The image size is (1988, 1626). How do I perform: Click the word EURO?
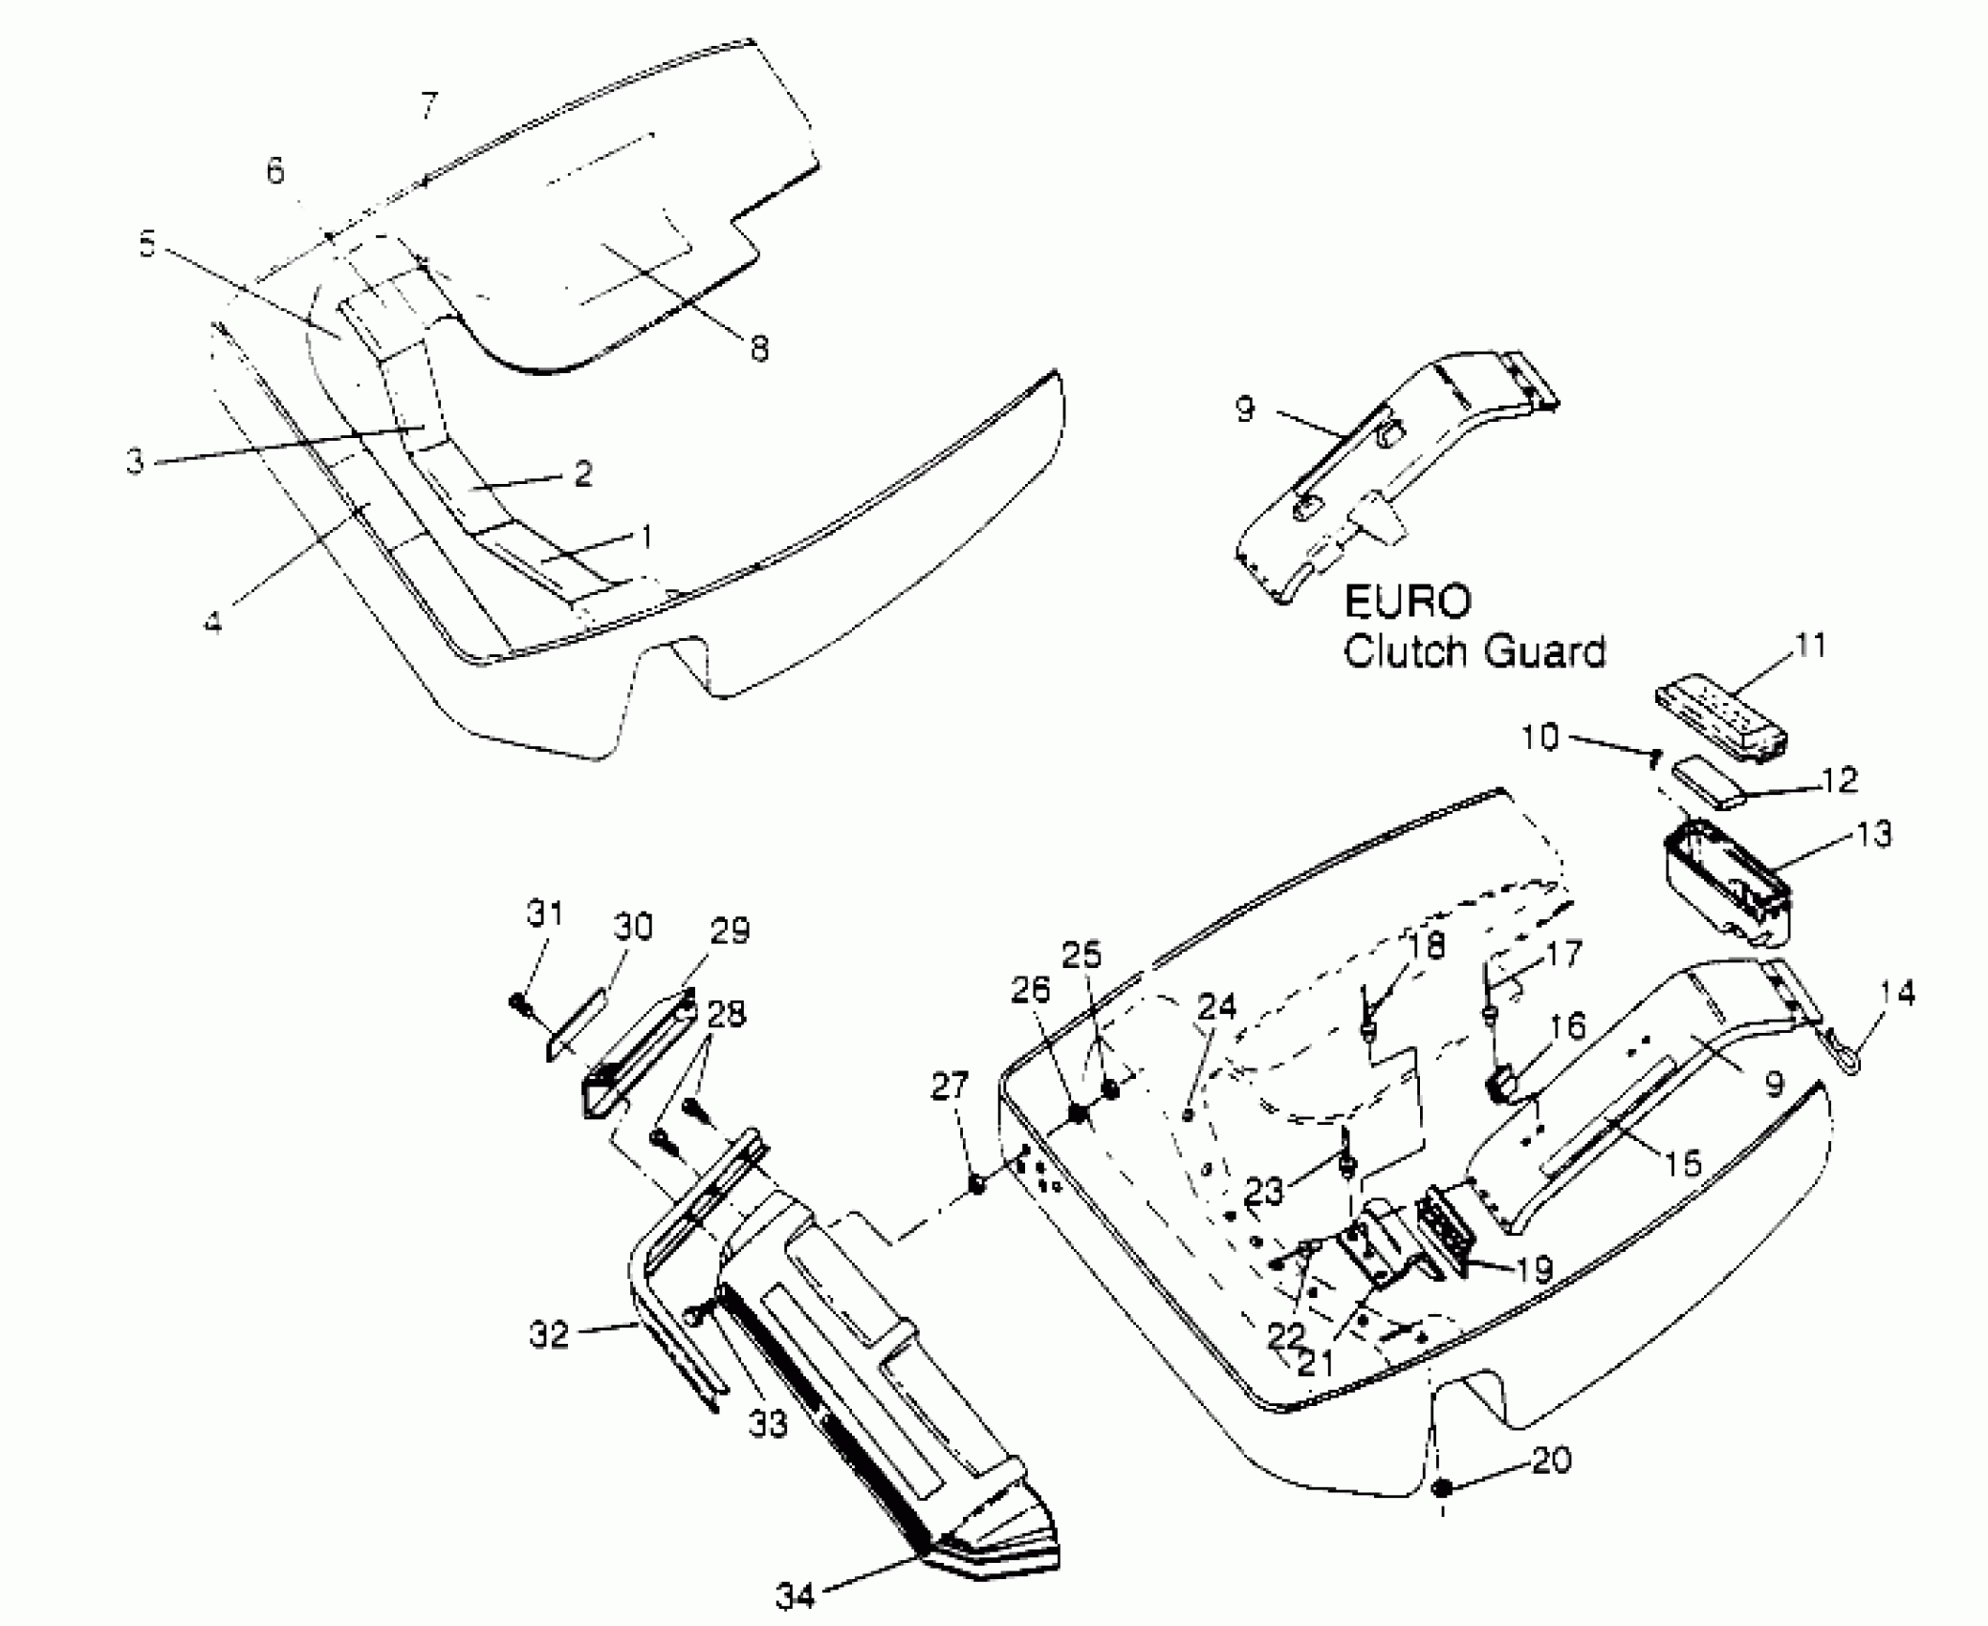pyautogui.click(x=1408, y=603)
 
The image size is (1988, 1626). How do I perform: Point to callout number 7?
pyautogui.click(x=429, y=104)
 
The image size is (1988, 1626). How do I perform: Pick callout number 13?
pyautogui.click(x=1875, y=835)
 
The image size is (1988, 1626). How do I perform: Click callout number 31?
pyautogui.click(x=545, y=914)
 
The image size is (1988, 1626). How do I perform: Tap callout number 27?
pyautogui.click(x=950, y=1087)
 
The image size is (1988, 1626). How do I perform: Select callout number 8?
pyautogui.click(x=758, y=349)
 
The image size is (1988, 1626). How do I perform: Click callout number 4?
pyautogui.click(x=212, y=623)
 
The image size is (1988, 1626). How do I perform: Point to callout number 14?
pyautogui.click(x=1898, y=994)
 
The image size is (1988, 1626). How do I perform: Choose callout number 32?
pyautogui.click(x=549, y=1335)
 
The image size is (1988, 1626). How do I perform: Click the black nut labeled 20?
pyautogui.click(x=1442, y=1487)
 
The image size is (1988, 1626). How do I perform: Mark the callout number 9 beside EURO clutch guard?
pyautogui.click(x=1244, y=409)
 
